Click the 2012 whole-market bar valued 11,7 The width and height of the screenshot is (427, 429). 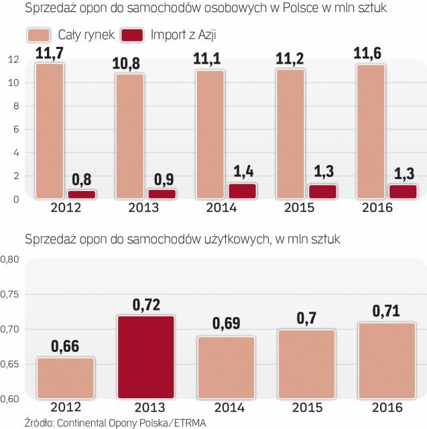point(50,131)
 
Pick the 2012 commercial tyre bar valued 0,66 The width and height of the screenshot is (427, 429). point(66,378)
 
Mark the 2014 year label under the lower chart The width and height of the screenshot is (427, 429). point(226,407)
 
